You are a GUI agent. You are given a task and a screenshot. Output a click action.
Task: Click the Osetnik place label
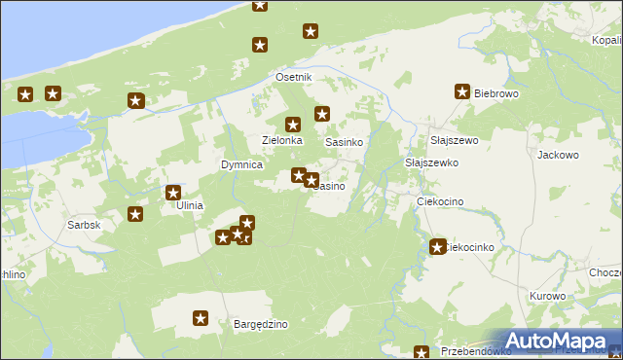click(293, 77)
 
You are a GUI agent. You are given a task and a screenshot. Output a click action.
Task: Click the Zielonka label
click(284, 140)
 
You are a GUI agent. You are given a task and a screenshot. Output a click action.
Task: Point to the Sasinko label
click(344, 142)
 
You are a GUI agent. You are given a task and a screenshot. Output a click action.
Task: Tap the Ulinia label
click(189, 205)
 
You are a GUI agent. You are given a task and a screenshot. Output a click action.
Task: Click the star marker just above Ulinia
click(173, 193)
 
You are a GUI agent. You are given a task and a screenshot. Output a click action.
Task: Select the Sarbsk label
click(85, 225)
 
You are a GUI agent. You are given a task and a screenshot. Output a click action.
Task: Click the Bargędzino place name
click(260, 324)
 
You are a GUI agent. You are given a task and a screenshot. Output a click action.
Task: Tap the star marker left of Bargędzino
click(201, 318)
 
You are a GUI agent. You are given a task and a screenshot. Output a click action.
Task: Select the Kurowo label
click(548, 296)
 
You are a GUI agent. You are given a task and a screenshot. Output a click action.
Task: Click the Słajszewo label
click(454, 140)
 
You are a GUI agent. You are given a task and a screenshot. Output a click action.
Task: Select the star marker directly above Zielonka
click(292, 125)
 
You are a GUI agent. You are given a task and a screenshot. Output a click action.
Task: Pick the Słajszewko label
click(431, 162)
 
